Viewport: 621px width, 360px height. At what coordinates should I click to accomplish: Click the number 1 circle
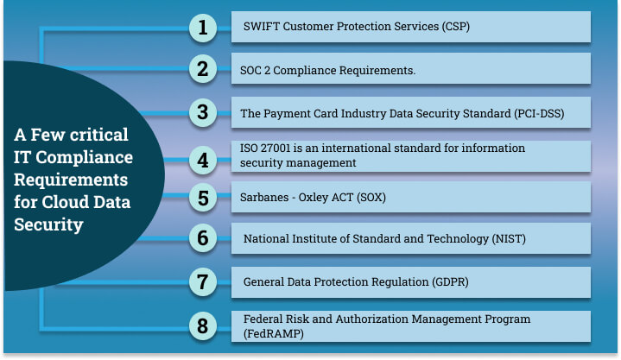203,28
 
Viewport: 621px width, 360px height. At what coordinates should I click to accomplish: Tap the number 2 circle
203,69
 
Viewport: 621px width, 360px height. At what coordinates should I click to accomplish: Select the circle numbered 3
203,112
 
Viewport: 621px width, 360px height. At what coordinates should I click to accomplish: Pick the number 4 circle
203,160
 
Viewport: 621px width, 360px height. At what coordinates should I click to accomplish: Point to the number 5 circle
203,198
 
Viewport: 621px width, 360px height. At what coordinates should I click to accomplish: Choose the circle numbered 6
203,238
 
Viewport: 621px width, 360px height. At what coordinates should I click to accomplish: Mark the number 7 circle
203,282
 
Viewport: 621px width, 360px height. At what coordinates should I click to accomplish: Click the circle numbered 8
203,326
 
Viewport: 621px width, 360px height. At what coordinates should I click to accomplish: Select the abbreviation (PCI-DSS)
539,114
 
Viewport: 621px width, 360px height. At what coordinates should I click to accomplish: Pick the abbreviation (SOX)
371,197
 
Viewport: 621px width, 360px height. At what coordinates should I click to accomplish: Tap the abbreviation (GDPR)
450,282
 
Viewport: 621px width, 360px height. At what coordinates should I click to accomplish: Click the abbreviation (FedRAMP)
274,333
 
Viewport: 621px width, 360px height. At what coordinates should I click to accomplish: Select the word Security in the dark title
48,225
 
